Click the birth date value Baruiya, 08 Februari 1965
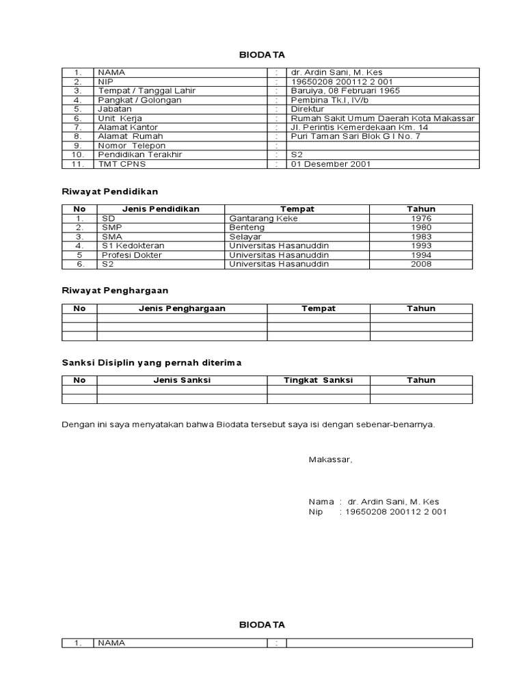pos(345,90)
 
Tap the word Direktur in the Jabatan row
pos(308,109)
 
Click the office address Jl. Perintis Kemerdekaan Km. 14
pos(360,127)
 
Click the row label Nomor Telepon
pos(131,146)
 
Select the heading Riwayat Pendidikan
pos(109,191)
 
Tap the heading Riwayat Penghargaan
pos(115,291)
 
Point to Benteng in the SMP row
pos(246,228)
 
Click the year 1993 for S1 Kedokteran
pos(421,245)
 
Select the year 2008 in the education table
pos(421,264)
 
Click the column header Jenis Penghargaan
pos(182,308)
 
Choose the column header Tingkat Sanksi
pos(319,380)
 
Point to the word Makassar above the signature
pos(330,459)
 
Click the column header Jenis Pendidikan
pos(161,209)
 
